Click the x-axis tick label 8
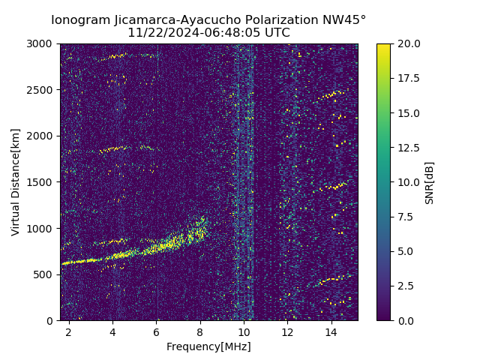[200, 331]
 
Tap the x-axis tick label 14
[331, 331]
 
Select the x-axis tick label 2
[69, 331]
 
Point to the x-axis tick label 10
[244, 331]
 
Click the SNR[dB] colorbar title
[430, 182]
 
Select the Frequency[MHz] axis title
[208, 346]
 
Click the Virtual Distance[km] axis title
[16, 182]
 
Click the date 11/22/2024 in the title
[159, 33]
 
